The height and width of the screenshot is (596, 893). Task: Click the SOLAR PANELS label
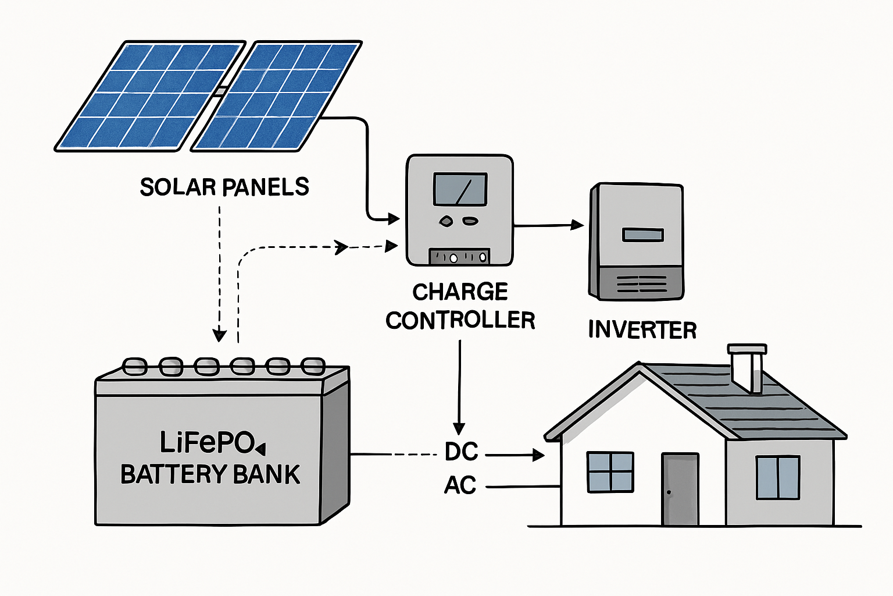point(224,187)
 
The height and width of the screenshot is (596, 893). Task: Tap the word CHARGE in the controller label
point(460,292)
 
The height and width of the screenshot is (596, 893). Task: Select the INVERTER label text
point(642,330)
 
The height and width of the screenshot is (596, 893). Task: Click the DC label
point(461,452)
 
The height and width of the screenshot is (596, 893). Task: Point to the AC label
point(460,485)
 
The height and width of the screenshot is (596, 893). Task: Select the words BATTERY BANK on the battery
point(210,474)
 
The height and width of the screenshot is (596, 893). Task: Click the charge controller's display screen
point(460,189)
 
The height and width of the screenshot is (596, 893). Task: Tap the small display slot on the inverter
point(642,235)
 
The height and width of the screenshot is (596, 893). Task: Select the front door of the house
point(680,489)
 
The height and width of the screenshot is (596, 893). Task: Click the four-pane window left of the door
point(610,471)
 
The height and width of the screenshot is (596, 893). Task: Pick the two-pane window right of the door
point(777,477)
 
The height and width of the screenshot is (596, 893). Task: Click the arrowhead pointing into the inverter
point(578,225)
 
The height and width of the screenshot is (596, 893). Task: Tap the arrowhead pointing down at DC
point(459,428)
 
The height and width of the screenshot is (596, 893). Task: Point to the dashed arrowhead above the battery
point(219,335)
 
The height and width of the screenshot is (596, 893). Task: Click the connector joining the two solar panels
point(220,92)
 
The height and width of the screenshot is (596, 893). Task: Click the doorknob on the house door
point(669,493)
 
